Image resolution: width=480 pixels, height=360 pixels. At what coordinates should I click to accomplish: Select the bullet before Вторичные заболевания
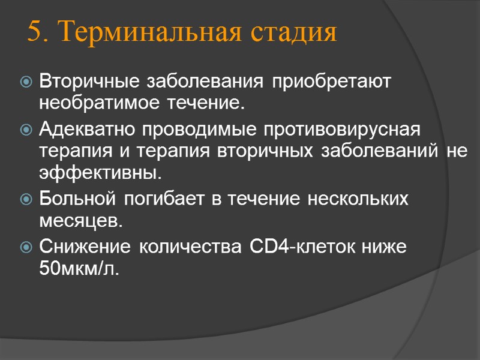[27, 80]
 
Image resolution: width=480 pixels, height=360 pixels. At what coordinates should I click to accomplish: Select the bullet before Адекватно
[27, 129]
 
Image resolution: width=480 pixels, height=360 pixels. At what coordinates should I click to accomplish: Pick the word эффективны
[100, 175]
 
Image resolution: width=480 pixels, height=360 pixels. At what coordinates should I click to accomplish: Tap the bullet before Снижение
[27, 247]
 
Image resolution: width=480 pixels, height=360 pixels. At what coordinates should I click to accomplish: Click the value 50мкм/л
[79, 269]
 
